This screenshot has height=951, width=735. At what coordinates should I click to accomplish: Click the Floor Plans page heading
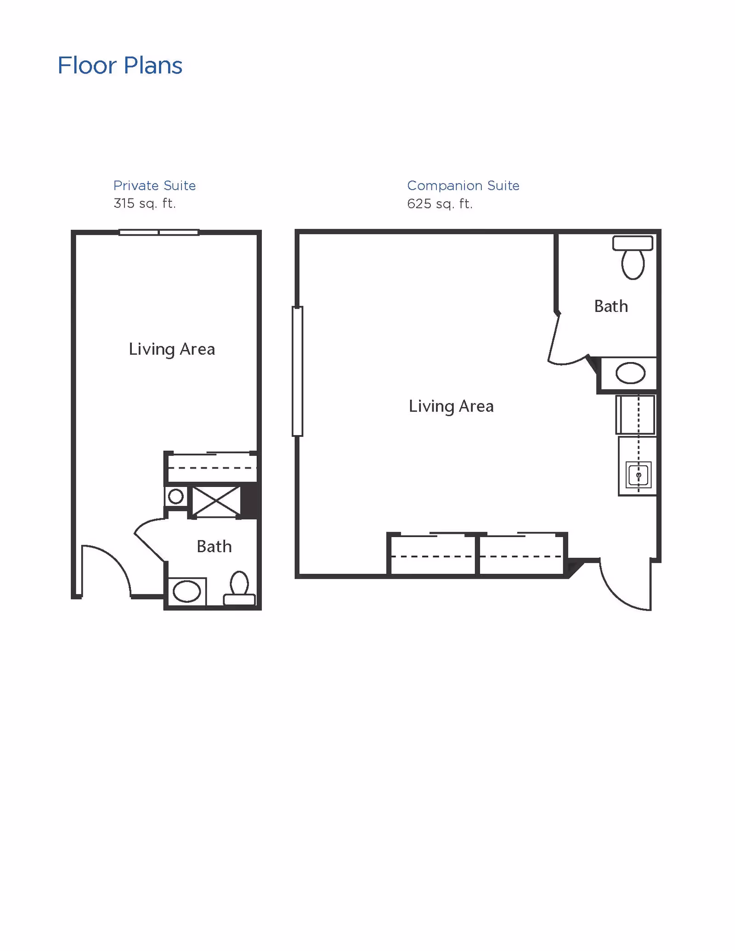click(120, 66)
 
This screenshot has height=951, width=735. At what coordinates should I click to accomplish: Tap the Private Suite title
click(154, 186)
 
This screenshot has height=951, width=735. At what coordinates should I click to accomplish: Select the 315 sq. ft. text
click(145, 203)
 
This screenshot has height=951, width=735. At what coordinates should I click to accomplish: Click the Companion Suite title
click(463, 186)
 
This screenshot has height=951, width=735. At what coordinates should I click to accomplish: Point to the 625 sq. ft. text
click(440, 204)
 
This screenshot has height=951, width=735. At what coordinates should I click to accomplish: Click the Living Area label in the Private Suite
click(172, 349)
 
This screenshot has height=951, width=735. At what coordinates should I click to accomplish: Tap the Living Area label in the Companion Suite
click(451, 406)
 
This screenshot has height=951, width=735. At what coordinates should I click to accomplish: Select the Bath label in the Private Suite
click(214, 547)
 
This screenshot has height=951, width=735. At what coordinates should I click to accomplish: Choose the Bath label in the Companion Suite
click(611, 306)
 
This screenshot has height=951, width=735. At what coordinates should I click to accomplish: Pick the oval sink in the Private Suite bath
click(187, 591)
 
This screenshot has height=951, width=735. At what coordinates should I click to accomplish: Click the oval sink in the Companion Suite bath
click(630, 373)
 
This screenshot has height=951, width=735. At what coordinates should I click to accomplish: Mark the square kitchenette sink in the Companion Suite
click(638, 475)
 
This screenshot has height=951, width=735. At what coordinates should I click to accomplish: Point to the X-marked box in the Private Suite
click(216, 501)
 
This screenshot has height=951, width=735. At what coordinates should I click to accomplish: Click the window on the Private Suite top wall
click(159, 232)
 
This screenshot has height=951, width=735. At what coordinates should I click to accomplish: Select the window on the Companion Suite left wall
click(298, 371)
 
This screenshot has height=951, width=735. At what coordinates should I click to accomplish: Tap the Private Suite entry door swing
click(106, 570)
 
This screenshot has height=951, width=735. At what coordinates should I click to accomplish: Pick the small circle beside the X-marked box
click(176, 496)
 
